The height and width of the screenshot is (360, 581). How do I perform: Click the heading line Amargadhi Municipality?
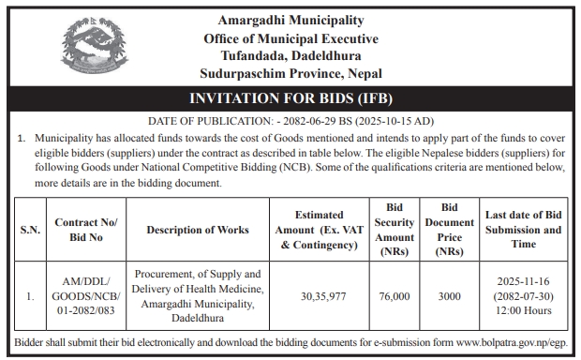click(290, 21)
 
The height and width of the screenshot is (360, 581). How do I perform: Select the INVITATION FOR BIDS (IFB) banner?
click(290, 98)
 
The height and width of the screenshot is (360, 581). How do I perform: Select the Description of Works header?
click(198, 230)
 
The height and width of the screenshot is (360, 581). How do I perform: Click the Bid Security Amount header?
click(395, 229)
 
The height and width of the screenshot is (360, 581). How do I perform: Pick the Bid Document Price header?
click(449, 229)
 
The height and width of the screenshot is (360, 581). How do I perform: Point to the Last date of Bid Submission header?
click(524, 230)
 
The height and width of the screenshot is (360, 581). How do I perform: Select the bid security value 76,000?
click(395, 296)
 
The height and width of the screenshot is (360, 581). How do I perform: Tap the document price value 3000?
click(449, 296)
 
